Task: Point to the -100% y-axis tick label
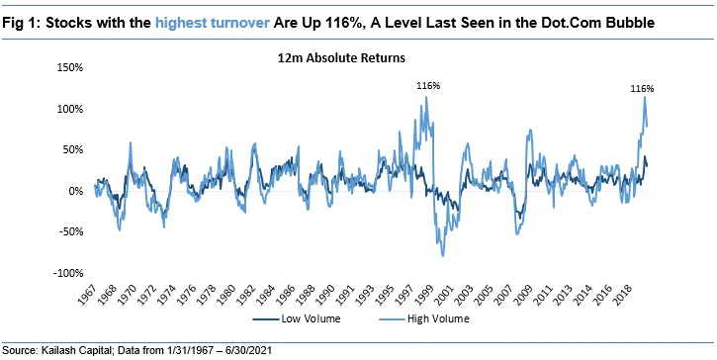click(x=66, y=273)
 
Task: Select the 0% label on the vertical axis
click(x=75, y=191)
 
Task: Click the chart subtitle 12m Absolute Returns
click(x=341, y=58)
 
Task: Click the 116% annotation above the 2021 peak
click(x=642, y=88)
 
